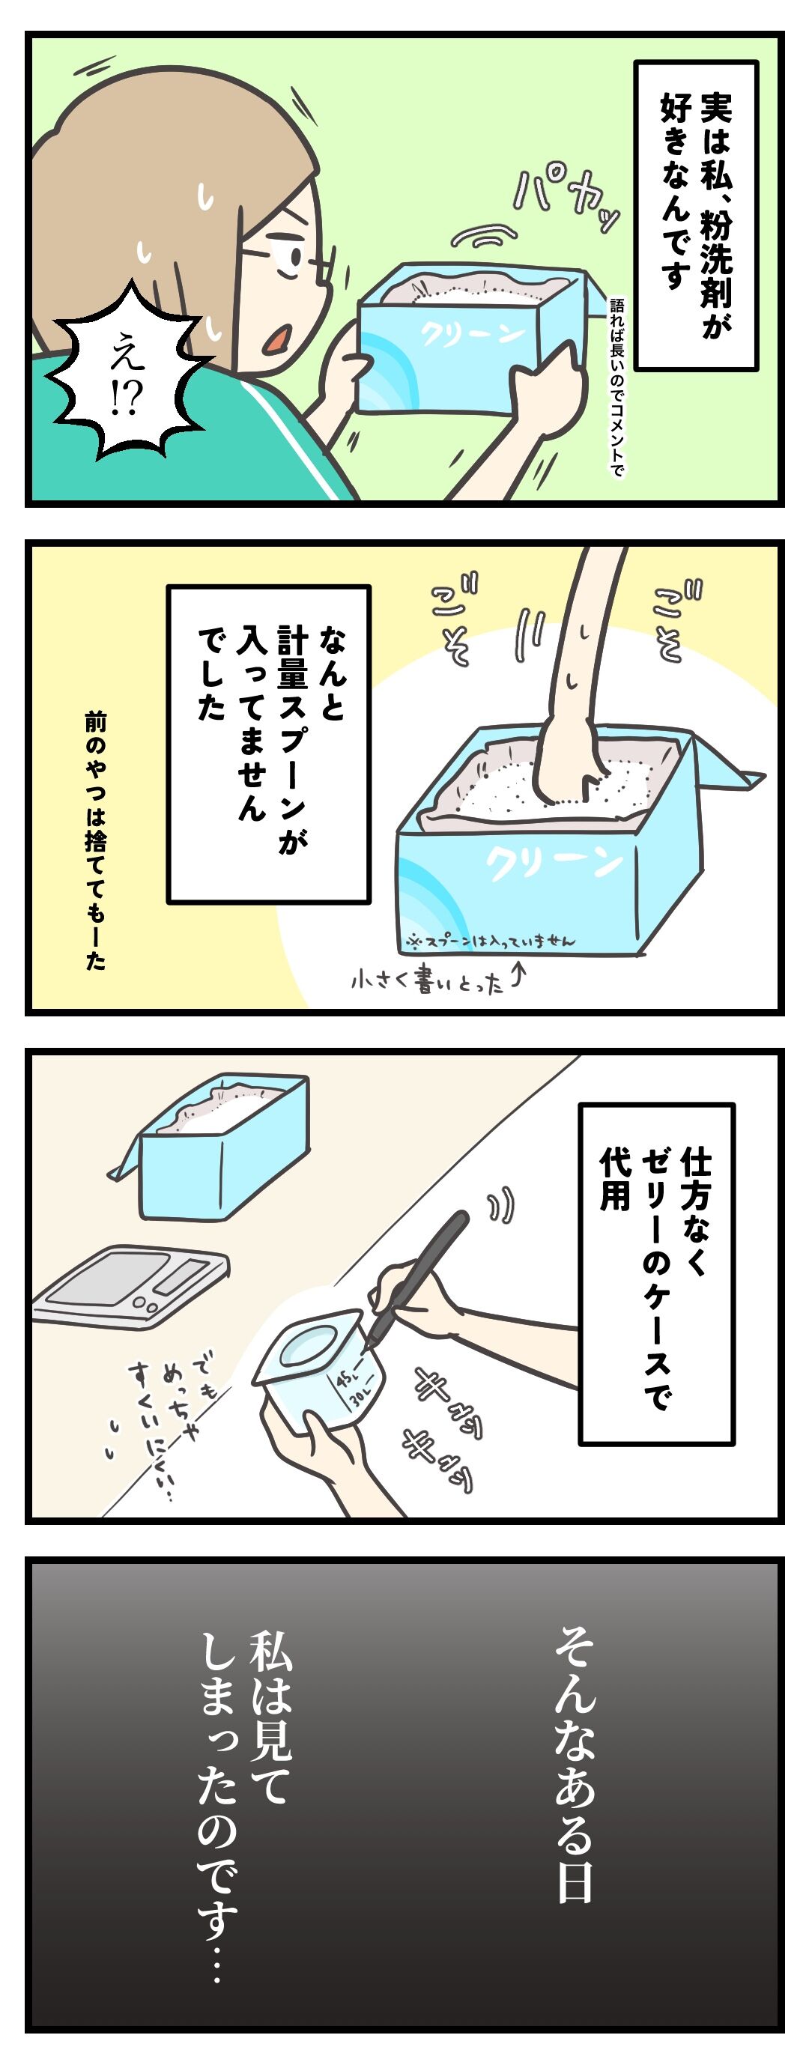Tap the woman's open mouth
(x=276, y=341)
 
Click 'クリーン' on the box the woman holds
(x=472, y=332)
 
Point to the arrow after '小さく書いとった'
(x=518, y=974)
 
